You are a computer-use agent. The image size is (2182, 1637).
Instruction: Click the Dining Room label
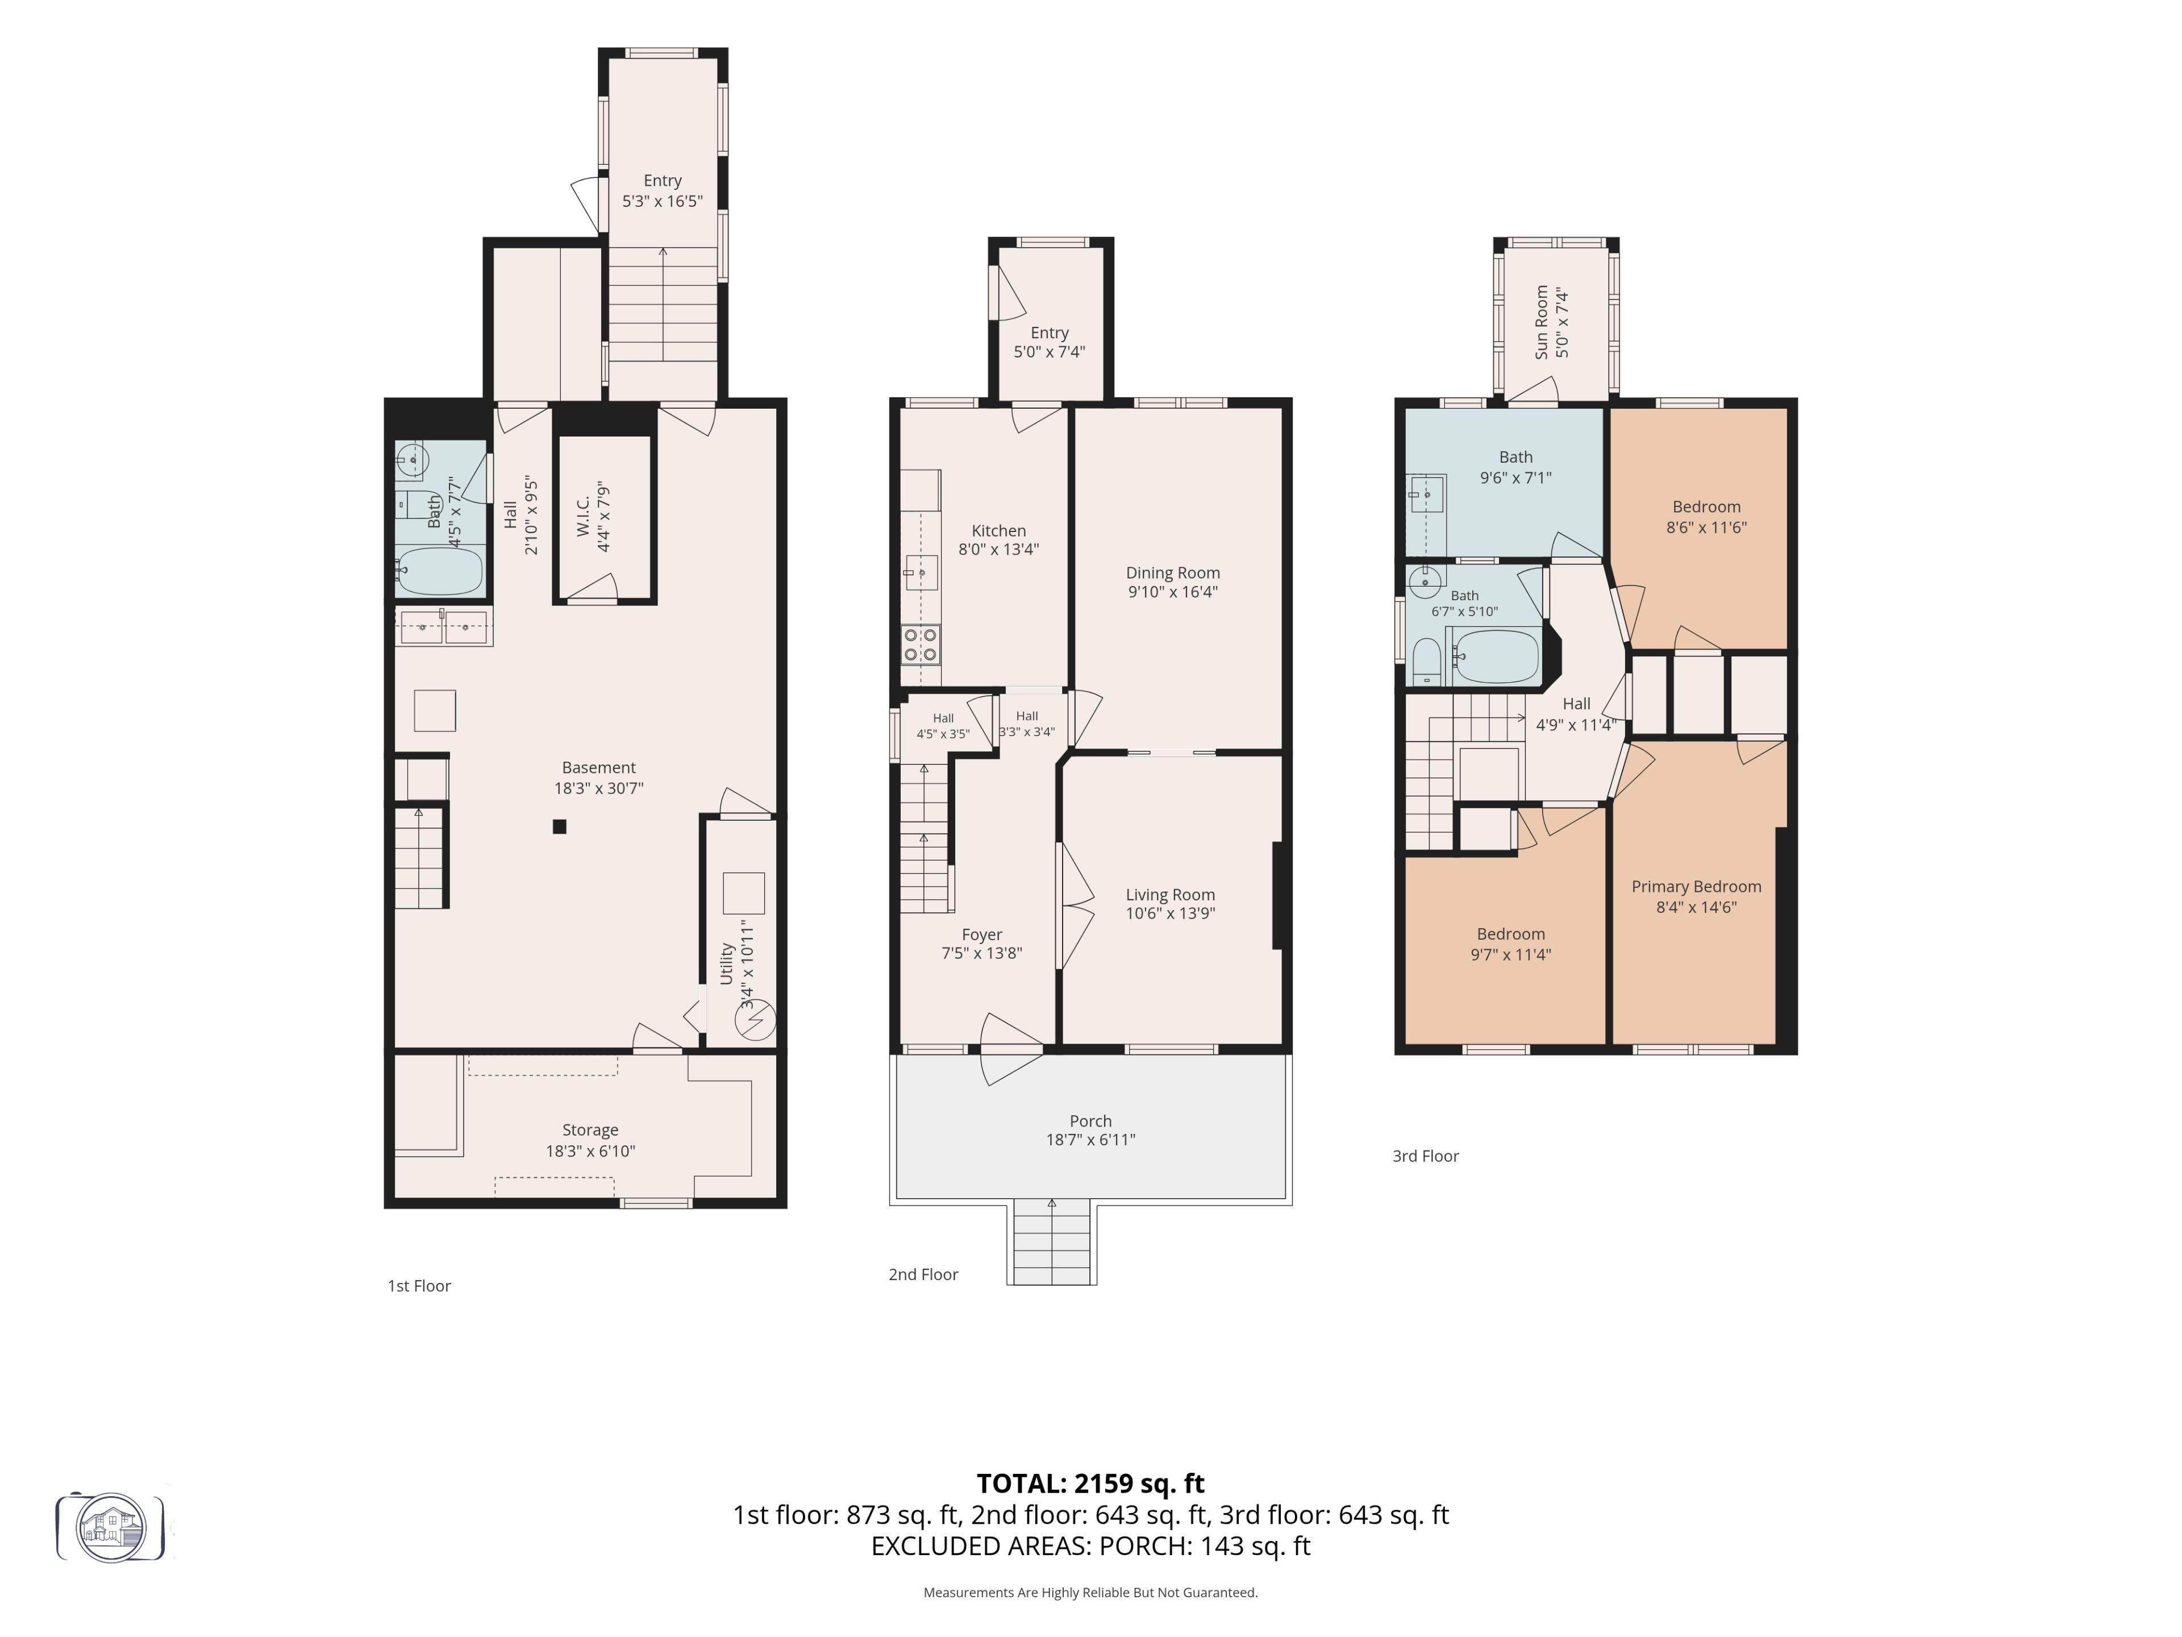(1173, 572)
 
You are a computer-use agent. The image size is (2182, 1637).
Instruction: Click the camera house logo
(110, 1527)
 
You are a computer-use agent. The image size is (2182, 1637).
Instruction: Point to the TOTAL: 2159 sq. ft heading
(1090, 1483)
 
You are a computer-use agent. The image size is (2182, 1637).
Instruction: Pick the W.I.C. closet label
(583, 516)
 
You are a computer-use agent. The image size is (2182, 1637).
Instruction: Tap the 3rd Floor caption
(1425, 1156)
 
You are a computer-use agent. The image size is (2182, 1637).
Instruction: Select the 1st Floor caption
(419, 1286)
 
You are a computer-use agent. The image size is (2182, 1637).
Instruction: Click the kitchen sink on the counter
(921, 572)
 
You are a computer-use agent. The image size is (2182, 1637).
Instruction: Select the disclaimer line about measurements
(1090, 1592)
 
